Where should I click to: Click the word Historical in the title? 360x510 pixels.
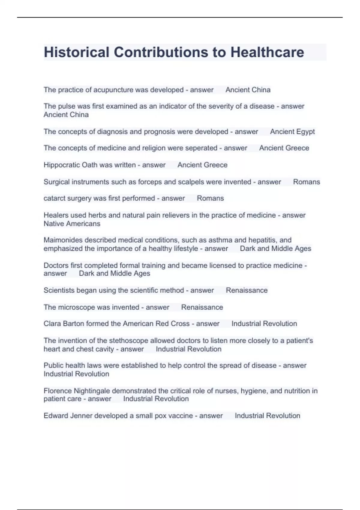[x=76, y=52]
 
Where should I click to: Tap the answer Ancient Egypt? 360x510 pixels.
[x=292, y=131]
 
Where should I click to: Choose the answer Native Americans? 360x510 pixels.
[x=72, y=223]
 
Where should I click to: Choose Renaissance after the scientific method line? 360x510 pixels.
[x=247, y=290]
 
